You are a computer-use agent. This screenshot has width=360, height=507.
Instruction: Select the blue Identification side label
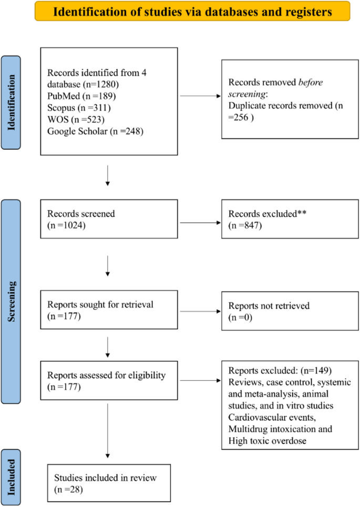[x=18, y=103]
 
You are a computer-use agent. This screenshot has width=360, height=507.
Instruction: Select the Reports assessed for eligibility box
[x=109, y=380]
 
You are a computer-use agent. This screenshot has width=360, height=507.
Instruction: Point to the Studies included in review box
[x=109, y=482]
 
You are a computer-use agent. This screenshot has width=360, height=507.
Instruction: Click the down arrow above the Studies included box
[x=108, y=431]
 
